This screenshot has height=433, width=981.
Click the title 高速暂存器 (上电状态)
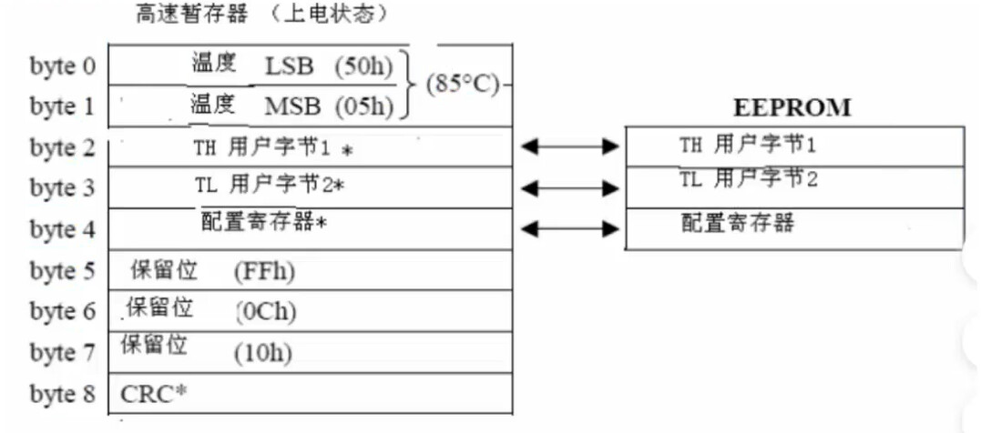261,15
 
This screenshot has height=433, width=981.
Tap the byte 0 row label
62,66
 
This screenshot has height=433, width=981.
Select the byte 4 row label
62,229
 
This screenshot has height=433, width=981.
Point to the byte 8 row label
62,395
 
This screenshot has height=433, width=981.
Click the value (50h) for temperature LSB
363,66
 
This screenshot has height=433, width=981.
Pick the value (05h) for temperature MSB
363,106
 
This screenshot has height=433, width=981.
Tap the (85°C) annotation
463,86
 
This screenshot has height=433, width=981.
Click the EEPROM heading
792,108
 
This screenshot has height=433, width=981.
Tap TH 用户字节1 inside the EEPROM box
748,145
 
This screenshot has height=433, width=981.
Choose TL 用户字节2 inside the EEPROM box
748,179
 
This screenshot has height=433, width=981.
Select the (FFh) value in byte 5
264,271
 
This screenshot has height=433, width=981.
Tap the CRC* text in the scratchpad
154,395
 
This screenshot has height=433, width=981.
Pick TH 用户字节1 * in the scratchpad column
272,147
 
